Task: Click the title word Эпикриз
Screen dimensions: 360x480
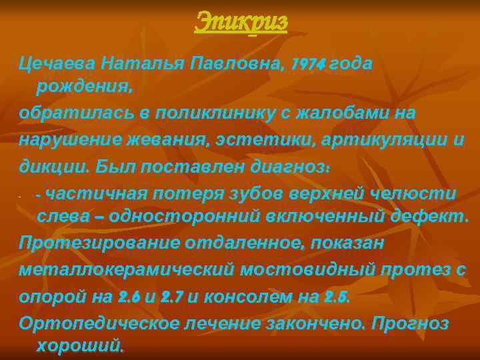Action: [x=241, y=22]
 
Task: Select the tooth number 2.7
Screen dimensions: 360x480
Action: [x=173, y=296]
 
